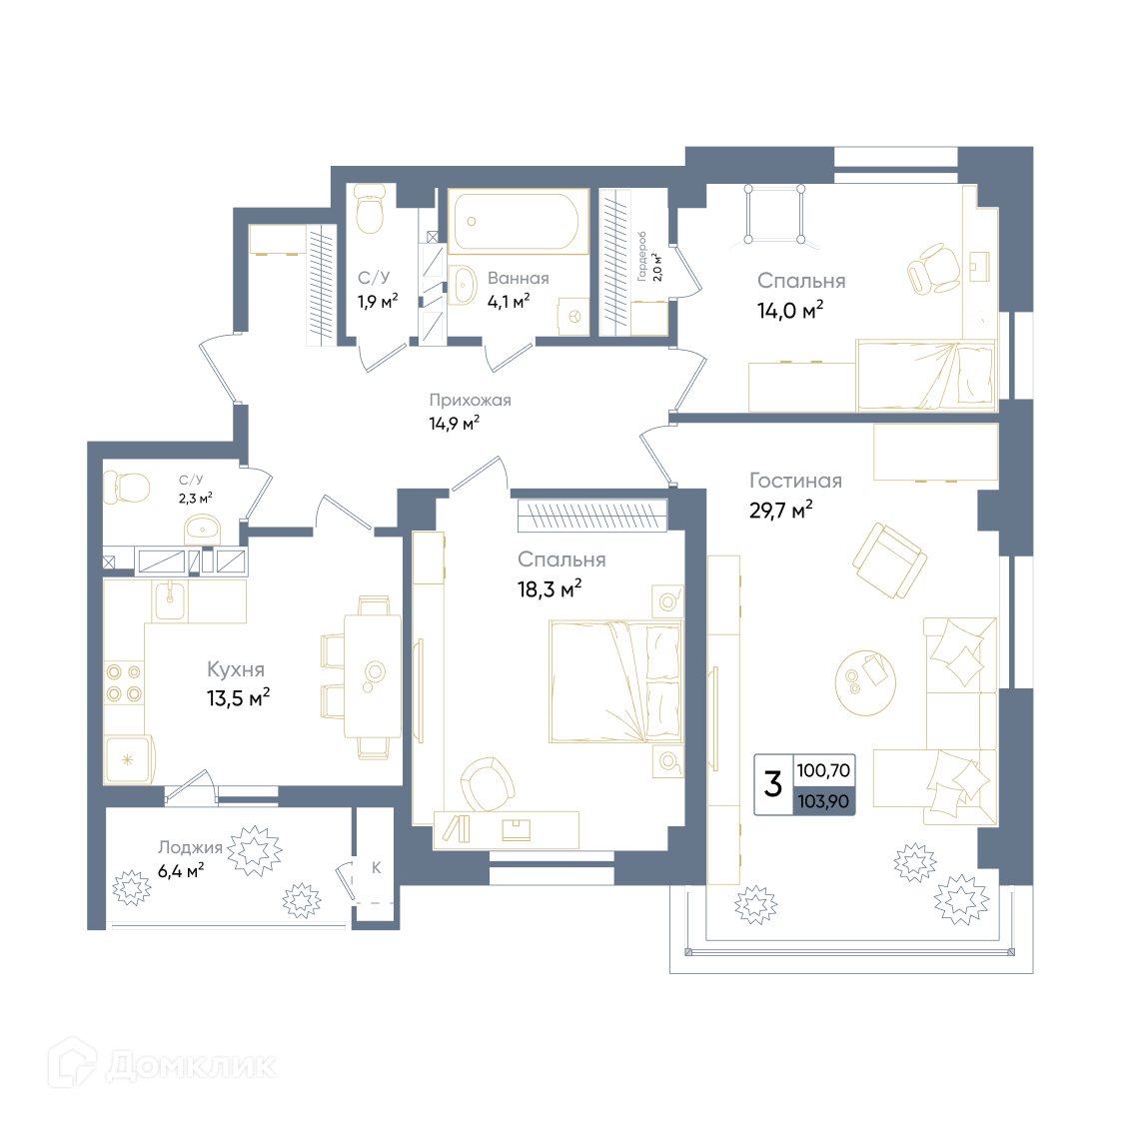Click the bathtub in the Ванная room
pyautogui.click(x=519, y=221)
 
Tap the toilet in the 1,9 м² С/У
pyautogui.click(x=370, y=208)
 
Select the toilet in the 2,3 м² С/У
pyautogui.click(x=127, y=488)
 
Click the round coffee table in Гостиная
pyautogui.click(x=866, y=682)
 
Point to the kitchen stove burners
pyautogui.click(x=124, y=682)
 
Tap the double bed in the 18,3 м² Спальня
pyautogui.click(x=616, y=681)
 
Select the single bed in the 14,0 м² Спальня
pyautogui.click(x=926, y=376)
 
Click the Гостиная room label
pyautogui.click(x=795, y=481)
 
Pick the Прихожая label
pyautogui.click(x=471, y=400)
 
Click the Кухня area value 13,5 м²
pyautogui.click(x=238, y=697)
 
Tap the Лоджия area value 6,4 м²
pyautogui.click(x=181, y=871)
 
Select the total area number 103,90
pyautogui.click(x=823, y=800)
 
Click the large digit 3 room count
pyautogui.click(x=772, y=783)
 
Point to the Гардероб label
pyautogui.click(x=641, y=256)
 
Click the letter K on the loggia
pyautogui.click(x=377, y=867)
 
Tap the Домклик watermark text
pyautogui.click(x=191, y=1066)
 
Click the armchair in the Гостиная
pyautogui.click(x=889, y=561)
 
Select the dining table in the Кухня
pyautogui.click(x=372, y=675)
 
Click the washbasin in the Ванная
pyautogui.click(x=463, y=286)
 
